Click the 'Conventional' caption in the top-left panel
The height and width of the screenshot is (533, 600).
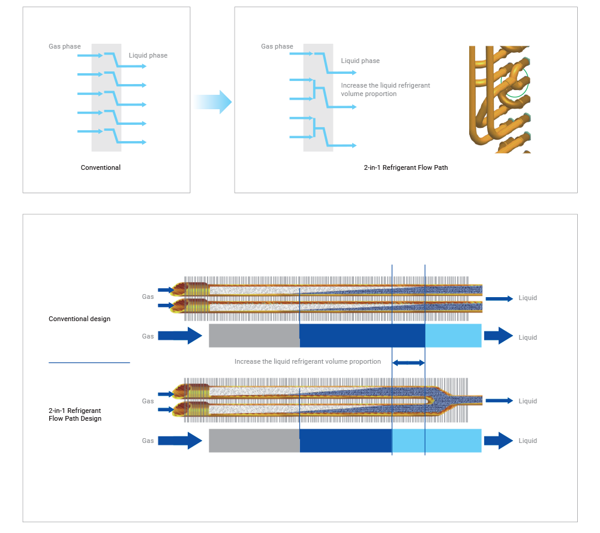(101, 167)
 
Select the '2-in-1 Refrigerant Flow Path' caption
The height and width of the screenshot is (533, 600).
(406, 167)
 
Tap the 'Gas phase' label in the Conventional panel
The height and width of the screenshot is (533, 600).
(65, 46)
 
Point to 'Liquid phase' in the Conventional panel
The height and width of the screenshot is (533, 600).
(148, 55)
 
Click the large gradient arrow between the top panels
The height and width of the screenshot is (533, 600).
(212, 102)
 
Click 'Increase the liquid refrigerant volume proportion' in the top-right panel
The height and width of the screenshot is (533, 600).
(385, 89)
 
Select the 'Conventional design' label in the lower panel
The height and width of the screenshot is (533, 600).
(79, 319)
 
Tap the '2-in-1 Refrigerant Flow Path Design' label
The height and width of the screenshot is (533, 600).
(75, 414)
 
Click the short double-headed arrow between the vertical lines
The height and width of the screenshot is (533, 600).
(408, 363)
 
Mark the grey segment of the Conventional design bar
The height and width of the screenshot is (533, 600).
(254, 336)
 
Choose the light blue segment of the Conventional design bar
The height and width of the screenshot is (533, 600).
(453, 336)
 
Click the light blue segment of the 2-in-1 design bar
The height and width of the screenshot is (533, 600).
(437, 441)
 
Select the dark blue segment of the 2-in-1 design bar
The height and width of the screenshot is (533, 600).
(346, 441)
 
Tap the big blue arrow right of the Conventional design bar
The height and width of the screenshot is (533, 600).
(498, 336)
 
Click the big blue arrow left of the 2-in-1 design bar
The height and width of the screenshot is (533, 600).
(180, 441)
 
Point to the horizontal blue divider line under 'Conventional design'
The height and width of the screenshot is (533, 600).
(89, 362)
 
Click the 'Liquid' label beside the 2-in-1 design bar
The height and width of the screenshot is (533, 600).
(527, 441)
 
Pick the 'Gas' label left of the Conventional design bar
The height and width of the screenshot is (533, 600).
(148, 336)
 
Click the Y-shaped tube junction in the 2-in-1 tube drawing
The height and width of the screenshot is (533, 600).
(440, 400)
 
